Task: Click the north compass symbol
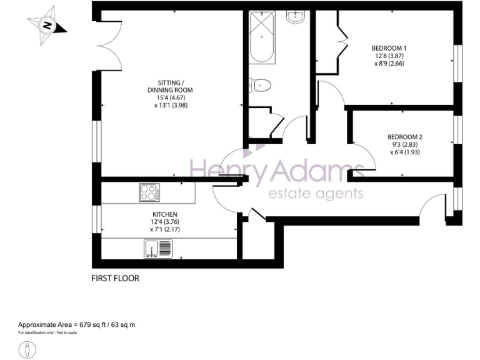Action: [45, 26]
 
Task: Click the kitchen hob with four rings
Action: [149, 192]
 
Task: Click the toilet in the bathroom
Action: [259, 84]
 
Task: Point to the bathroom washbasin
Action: [294, 17]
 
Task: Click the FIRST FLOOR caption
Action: [115, 279]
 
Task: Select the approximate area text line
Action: [76, 325]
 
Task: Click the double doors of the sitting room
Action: [107, 44]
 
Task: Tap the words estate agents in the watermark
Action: [315, 193]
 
